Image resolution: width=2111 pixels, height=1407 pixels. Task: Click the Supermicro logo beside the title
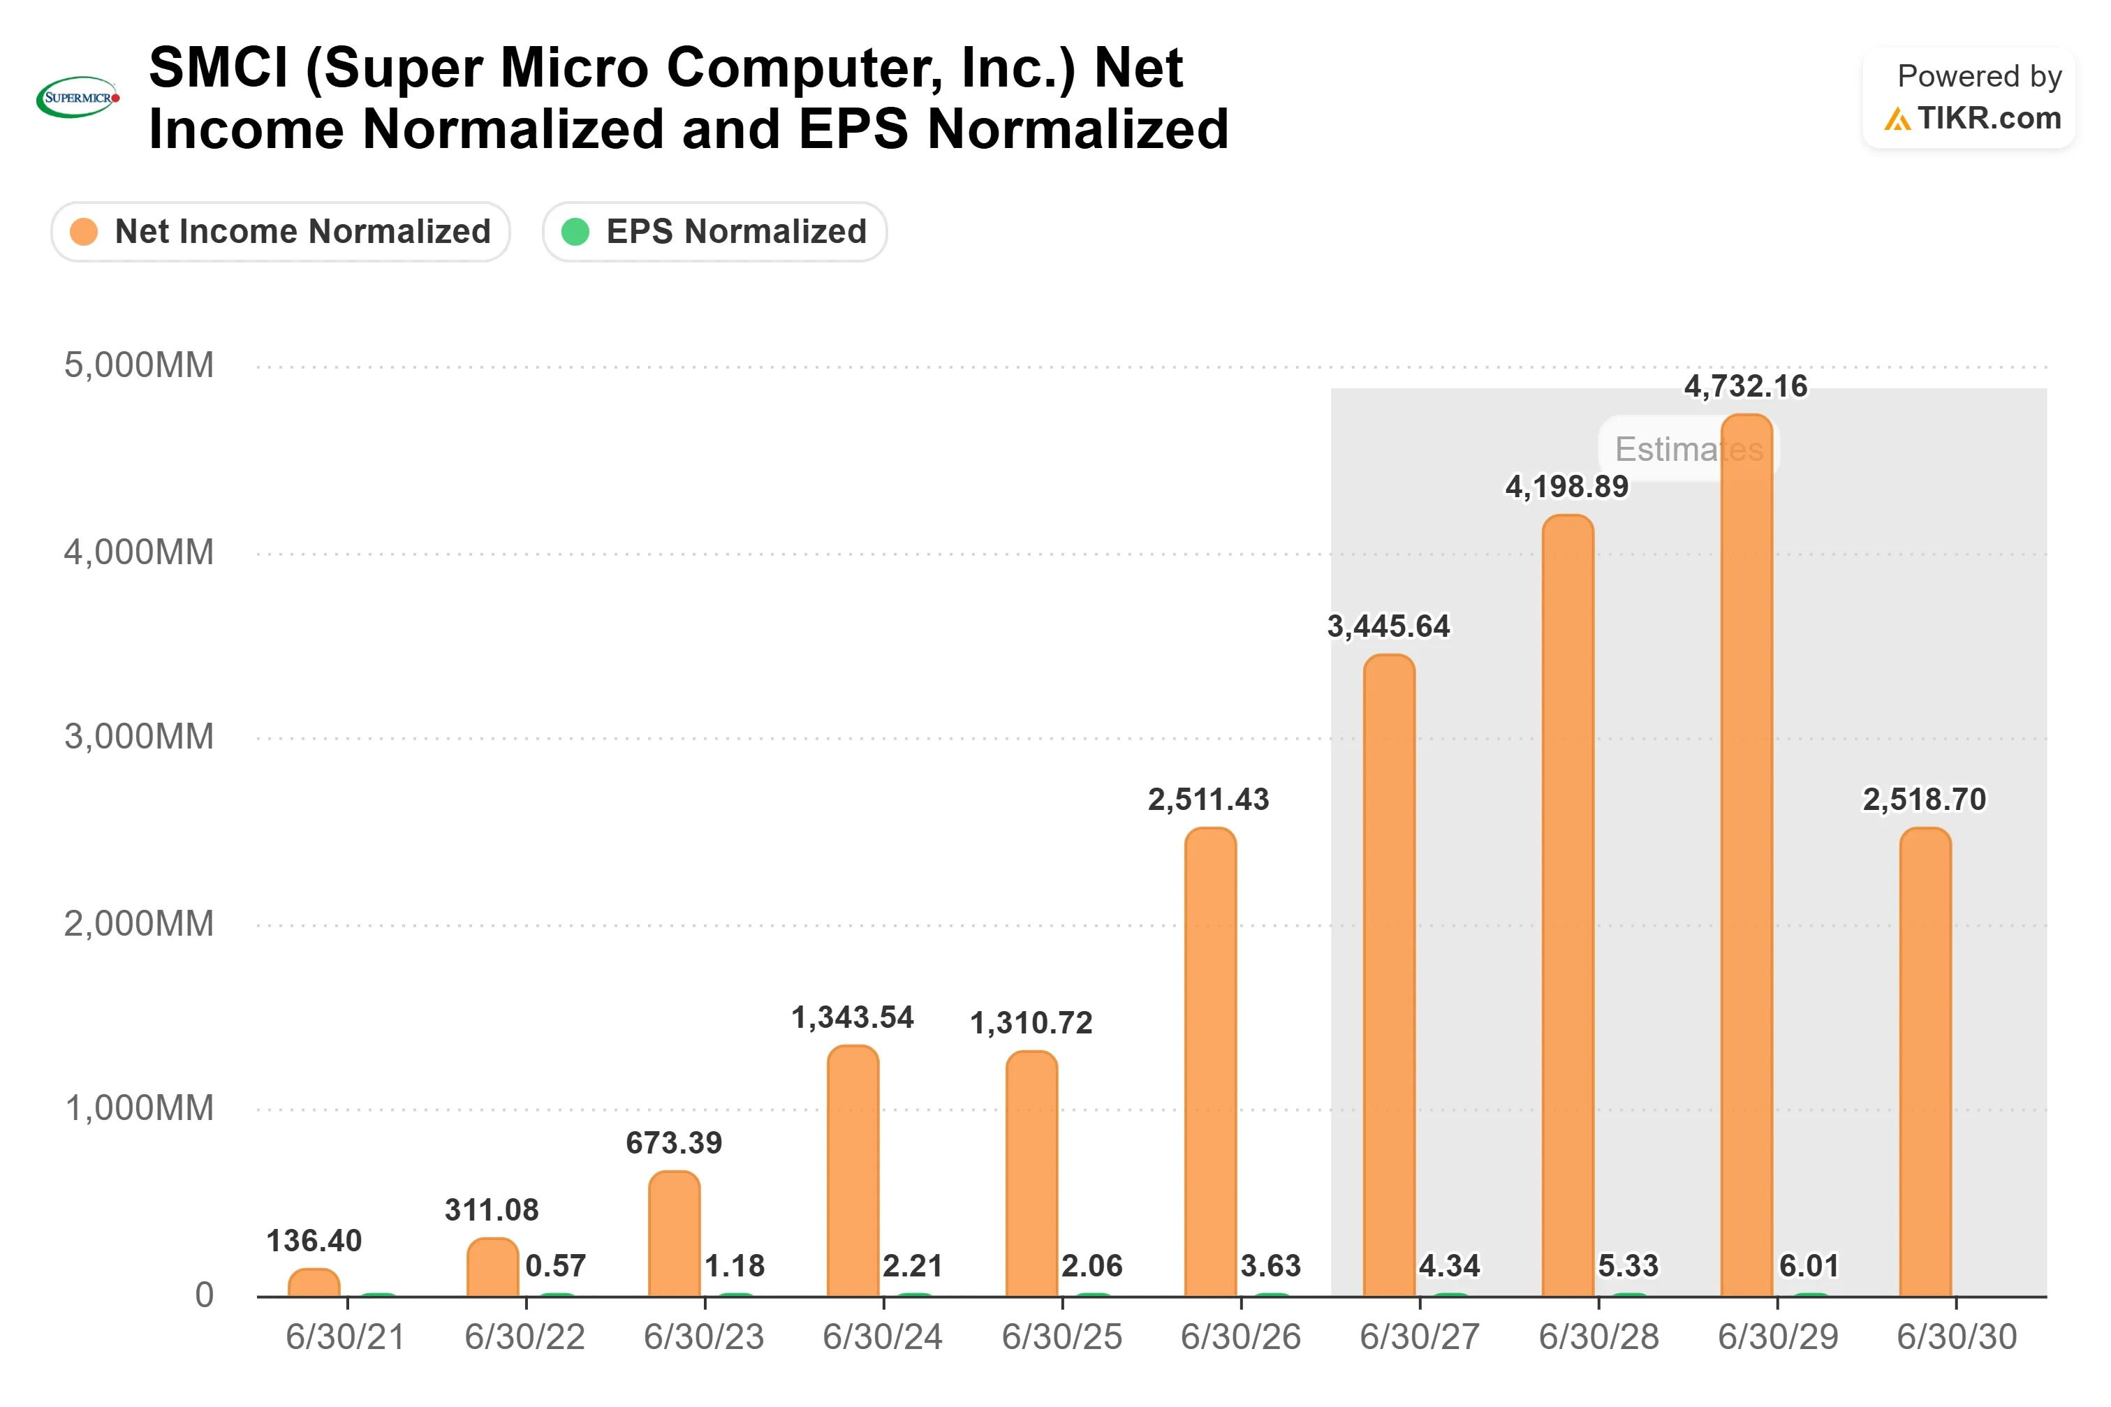(77, 97)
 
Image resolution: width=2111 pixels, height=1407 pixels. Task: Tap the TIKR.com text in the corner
(1988, 117)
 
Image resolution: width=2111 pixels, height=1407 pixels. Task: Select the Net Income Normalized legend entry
(280, 232)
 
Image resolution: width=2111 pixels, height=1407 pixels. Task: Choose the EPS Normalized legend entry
(714, 232)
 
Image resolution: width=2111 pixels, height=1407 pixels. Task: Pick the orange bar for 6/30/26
(1209, 1061)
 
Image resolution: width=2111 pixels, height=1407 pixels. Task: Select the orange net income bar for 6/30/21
(314, 1282)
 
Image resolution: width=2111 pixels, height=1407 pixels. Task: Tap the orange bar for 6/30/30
(1925, 1061)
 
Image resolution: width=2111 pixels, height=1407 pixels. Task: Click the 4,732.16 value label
(1745, 386)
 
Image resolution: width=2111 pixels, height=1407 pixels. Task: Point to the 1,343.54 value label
(853, 1017)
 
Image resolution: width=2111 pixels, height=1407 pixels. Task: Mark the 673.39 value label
(674, 1142)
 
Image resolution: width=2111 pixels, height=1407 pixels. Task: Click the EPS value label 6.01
(1809, 1265)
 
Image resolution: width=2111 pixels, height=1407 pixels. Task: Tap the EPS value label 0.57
(555, 1265)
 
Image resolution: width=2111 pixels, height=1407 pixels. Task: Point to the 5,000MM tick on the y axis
(139, 365)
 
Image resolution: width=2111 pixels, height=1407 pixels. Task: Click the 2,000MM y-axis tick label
(139, 923)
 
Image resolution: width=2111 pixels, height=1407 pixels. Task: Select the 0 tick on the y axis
(205, 1295)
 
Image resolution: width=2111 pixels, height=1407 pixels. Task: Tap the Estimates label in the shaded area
(1689, 449)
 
